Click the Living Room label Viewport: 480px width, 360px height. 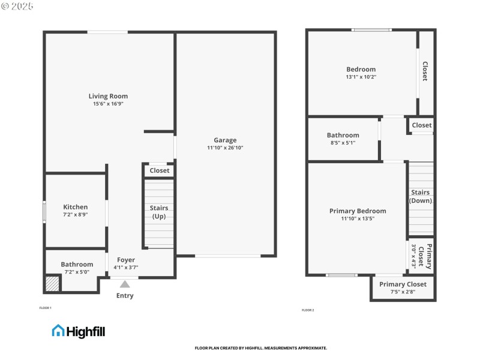[108, 96]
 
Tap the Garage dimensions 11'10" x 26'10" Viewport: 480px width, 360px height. [225, 148]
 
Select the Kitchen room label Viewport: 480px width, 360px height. [76, 207]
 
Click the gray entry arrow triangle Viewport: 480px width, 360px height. [125, 284]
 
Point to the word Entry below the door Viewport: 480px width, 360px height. [125, 296]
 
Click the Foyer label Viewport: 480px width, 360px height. [126, 260]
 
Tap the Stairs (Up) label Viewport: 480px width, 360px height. [159, 212]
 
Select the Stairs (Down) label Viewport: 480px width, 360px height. [421, 196]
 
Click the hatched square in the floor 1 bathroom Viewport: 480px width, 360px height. [53, 283]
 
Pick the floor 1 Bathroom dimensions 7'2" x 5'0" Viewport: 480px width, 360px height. [77, 272]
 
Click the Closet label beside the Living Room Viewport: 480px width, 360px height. [160, 170]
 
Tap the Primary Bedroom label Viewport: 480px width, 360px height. [358, 211]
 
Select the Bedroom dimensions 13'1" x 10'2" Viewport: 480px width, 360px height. [361, 77]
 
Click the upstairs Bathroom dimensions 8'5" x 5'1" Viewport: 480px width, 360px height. [343, 143]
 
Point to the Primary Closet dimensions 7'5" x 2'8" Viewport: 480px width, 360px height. [403, 292]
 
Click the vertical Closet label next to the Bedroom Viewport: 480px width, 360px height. [425, 71]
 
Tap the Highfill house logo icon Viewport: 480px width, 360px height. [58, 331]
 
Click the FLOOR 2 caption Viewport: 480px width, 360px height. [308, 310]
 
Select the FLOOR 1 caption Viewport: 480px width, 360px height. [46, 308]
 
